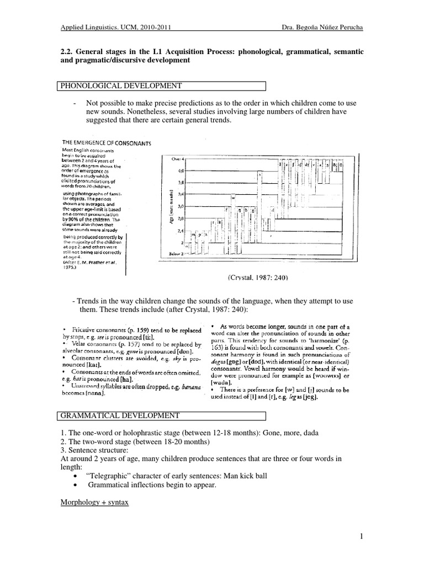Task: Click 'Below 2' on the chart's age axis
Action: point(177,253)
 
